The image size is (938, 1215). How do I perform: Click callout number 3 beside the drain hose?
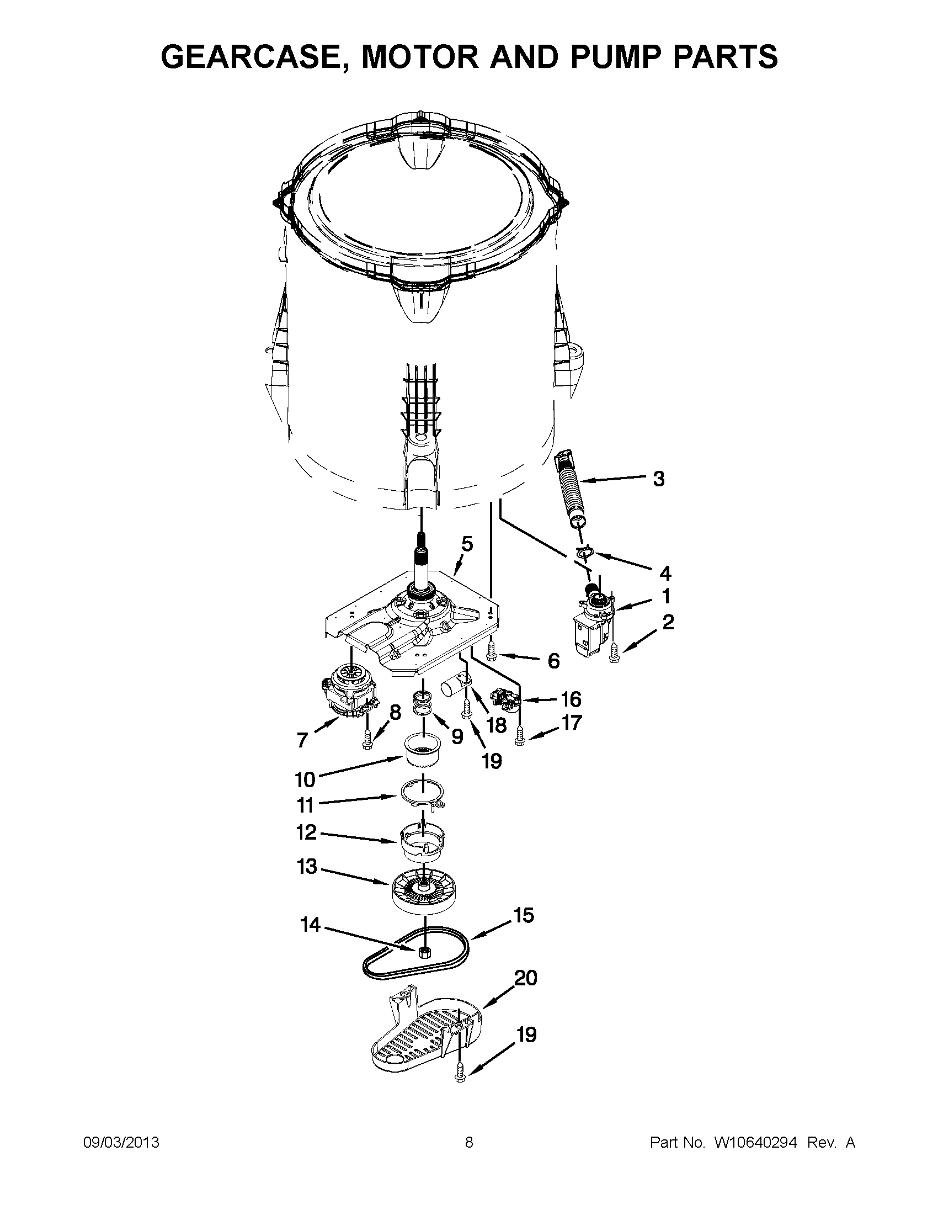pyautogui.click(x=658, y=479)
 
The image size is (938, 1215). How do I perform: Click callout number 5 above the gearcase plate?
pyautogui.click(x=466, y=544)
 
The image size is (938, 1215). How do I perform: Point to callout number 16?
pyautogui.click(x=571, y=699)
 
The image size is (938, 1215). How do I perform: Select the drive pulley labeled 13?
pyautogui.click(x=421, y=890)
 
